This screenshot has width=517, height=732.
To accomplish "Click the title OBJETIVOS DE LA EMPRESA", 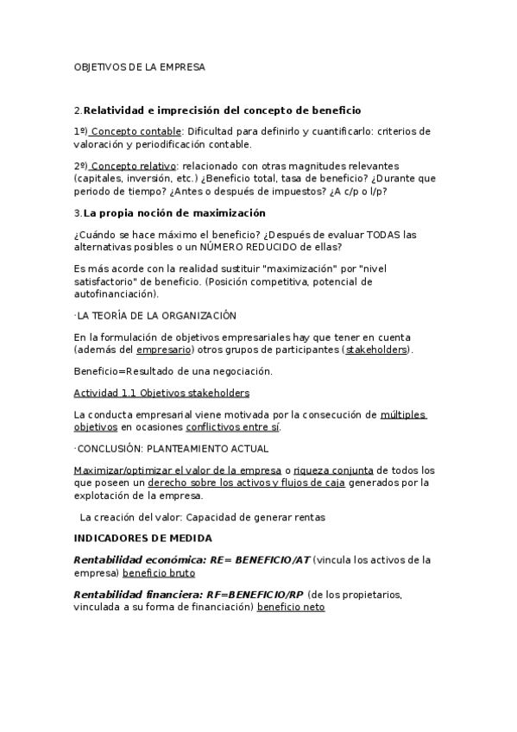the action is (x=139, y=66).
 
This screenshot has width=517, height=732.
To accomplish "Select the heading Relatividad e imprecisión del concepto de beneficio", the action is (x=222, y=110).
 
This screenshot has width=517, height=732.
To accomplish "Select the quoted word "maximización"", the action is (x=291, y=268).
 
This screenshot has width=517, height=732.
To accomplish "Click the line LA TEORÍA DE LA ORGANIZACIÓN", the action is (x=156, y=316).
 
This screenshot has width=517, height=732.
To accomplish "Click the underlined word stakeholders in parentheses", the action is (x=376, y=350).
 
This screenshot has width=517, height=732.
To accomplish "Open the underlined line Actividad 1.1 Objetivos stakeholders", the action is (x=161, y=393).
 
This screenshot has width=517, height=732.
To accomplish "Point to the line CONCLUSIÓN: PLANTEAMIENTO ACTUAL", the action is (x=172, y=448).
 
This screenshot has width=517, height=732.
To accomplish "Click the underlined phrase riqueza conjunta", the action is (x=333, y=470).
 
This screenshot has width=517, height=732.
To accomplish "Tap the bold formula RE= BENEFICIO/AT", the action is (x=258, y=559).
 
